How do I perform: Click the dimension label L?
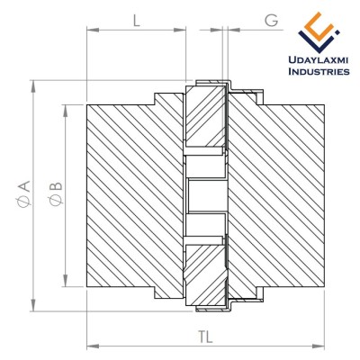click(137, 21)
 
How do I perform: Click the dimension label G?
click(272, 21)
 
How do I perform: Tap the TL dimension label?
click(205, 337)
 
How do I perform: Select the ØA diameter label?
click(24, 193)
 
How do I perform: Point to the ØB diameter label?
click(56, 193)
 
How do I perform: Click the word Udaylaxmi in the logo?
click(318, 61)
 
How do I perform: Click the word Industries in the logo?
click(319, 71)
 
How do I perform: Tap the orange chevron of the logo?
click(318, 25)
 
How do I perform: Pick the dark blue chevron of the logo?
click(318, 41)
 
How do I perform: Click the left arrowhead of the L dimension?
click(93, 30)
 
